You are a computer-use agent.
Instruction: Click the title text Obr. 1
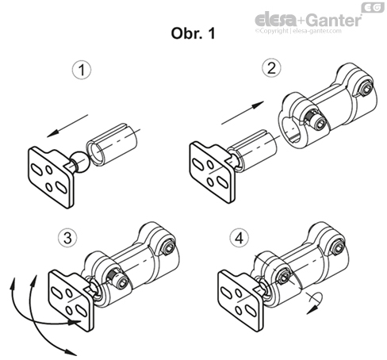tap(193, 35)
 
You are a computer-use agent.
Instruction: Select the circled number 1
tap(79, 71)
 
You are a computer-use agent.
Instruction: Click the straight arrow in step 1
tap(64, 126)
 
